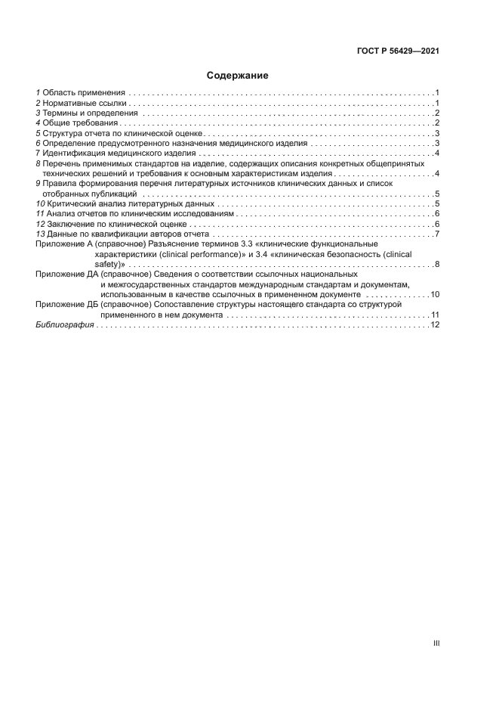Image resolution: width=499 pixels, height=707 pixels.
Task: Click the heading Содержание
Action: tap(238, 76)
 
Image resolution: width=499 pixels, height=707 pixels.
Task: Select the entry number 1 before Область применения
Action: tap(38, 91)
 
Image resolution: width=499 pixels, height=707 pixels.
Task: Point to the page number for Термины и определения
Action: tap(437, 113)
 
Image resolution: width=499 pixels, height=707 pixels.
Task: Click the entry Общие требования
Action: tap(80, 123)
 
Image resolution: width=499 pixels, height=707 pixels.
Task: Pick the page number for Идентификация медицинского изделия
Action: tap(437, 153)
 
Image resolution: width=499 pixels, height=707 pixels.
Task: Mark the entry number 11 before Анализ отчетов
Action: tap(40, 215)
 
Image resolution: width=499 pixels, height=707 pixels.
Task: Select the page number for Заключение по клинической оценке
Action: tap(437, 225)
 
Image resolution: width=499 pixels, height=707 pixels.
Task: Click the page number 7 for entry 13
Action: tap(437, 235)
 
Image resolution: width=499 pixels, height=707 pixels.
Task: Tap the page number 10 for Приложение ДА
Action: tap(435, 293)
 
